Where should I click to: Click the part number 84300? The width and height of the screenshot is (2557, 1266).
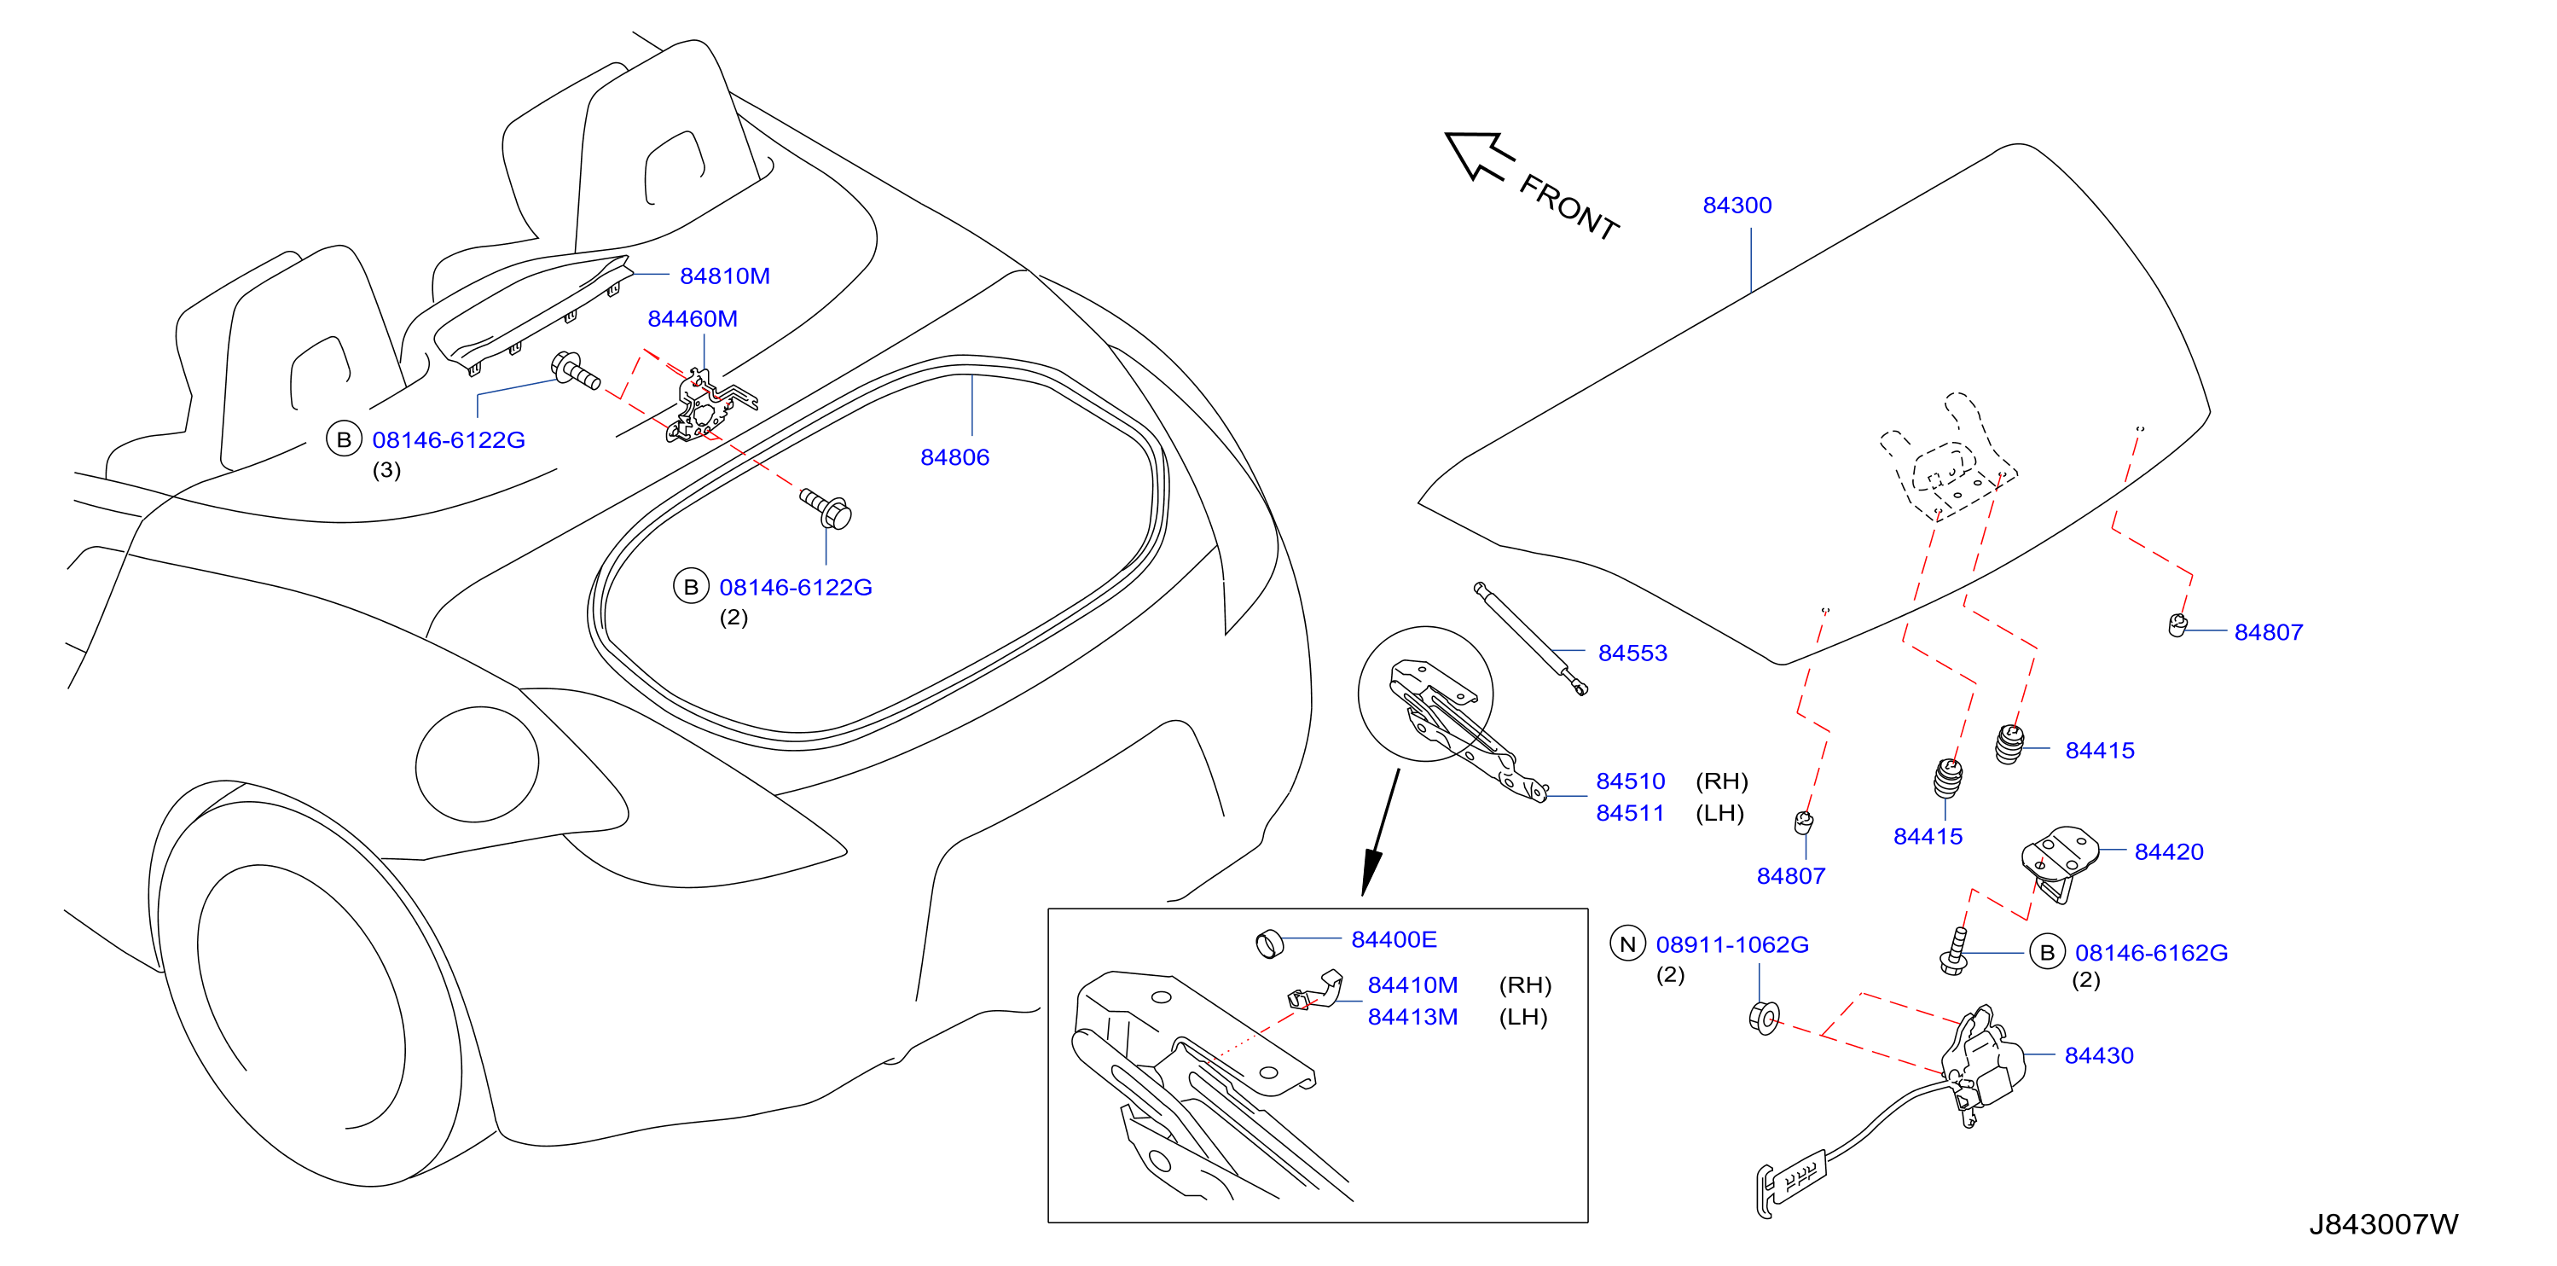1737,206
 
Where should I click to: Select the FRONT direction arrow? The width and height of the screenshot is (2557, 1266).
1479,157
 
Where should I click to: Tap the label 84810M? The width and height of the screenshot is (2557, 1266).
725,276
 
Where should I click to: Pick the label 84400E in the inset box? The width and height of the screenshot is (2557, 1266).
1394,939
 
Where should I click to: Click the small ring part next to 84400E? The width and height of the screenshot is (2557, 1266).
1270,944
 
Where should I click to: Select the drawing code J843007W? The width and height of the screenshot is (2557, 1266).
2383,1224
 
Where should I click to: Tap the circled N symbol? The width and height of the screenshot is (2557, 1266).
1627,944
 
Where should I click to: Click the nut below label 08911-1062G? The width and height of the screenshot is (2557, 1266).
1764,1018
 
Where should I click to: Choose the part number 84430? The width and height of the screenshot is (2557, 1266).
2098,1055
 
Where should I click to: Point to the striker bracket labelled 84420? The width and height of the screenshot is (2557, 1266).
2061,860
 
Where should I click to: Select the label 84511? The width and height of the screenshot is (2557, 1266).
1630,813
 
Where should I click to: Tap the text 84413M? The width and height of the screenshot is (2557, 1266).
1412,1017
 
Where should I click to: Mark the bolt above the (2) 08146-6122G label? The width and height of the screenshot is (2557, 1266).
826,508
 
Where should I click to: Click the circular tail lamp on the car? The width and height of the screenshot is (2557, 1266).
478,764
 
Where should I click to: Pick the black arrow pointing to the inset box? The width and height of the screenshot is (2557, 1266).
1381,832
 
